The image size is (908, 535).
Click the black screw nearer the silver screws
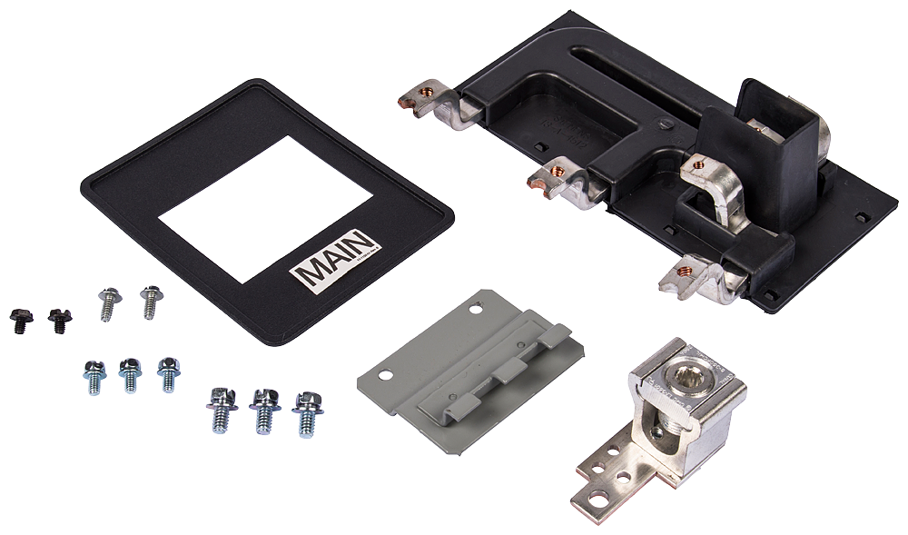click(58, 319)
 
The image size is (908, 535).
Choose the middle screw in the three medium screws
click(129, 373)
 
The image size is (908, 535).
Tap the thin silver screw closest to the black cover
click(150, 300)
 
